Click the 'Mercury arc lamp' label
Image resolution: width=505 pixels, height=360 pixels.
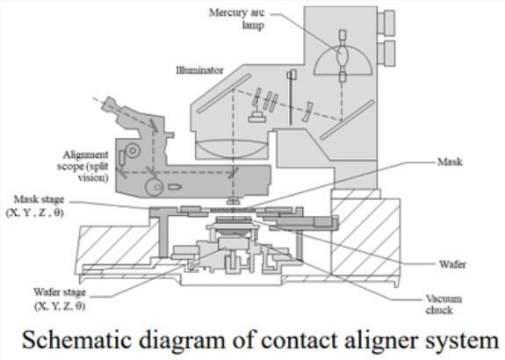237,18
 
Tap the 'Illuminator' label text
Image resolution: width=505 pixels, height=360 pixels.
199,70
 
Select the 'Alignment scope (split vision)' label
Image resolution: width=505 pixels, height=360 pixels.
83,166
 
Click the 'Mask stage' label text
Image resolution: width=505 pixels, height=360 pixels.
39,199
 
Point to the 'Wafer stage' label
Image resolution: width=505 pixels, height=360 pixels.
60,292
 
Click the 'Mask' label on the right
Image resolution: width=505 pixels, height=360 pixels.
450,162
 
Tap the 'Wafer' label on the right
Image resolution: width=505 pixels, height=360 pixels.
452,264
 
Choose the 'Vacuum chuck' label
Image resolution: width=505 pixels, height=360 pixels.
444,305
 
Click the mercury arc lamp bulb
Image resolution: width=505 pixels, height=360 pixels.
342,56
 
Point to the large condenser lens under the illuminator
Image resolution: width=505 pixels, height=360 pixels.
233,148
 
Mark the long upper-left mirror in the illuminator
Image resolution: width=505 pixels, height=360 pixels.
224,93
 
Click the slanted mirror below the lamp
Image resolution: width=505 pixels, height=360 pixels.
347,119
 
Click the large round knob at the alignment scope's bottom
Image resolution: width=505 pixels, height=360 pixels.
155,187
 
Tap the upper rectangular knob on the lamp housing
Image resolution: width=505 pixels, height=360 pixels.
386,22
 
